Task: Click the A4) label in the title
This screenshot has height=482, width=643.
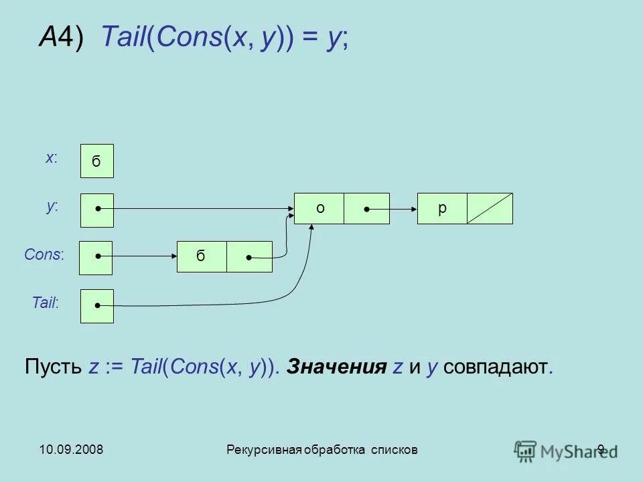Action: (x=61, y=39)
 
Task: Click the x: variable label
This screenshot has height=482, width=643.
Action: (x=52, y=158)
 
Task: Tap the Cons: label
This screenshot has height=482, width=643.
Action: (x=44, y=254)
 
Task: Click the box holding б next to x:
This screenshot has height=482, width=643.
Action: (x=97, y=161)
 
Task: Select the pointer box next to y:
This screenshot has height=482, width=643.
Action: (x=97, y=210)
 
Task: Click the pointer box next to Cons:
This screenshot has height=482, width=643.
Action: (x=96, y=258)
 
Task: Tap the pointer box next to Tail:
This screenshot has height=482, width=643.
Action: (x=97, y=306)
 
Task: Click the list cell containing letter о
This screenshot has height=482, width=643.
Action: (x=319, y=208)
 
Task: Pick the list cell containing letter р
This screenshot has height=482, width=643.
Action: (x=442, y=208)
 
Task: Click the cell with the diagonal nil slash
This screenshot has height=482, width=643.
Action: (x=490, y=208)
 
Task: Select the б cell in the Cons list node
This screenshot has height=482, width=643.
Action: (x=202, y=256)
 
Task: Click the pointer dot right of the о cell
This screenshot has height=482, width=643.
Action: (x=367, y=210)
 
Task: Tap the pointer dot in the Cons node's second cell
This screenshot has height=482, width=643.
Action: (x=248, y=258)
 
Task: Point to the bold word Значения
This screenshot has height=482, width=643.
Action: (x=337, y=367)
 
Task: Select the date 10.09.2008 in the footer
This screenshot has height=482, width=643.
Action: (x=70, y=449)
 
